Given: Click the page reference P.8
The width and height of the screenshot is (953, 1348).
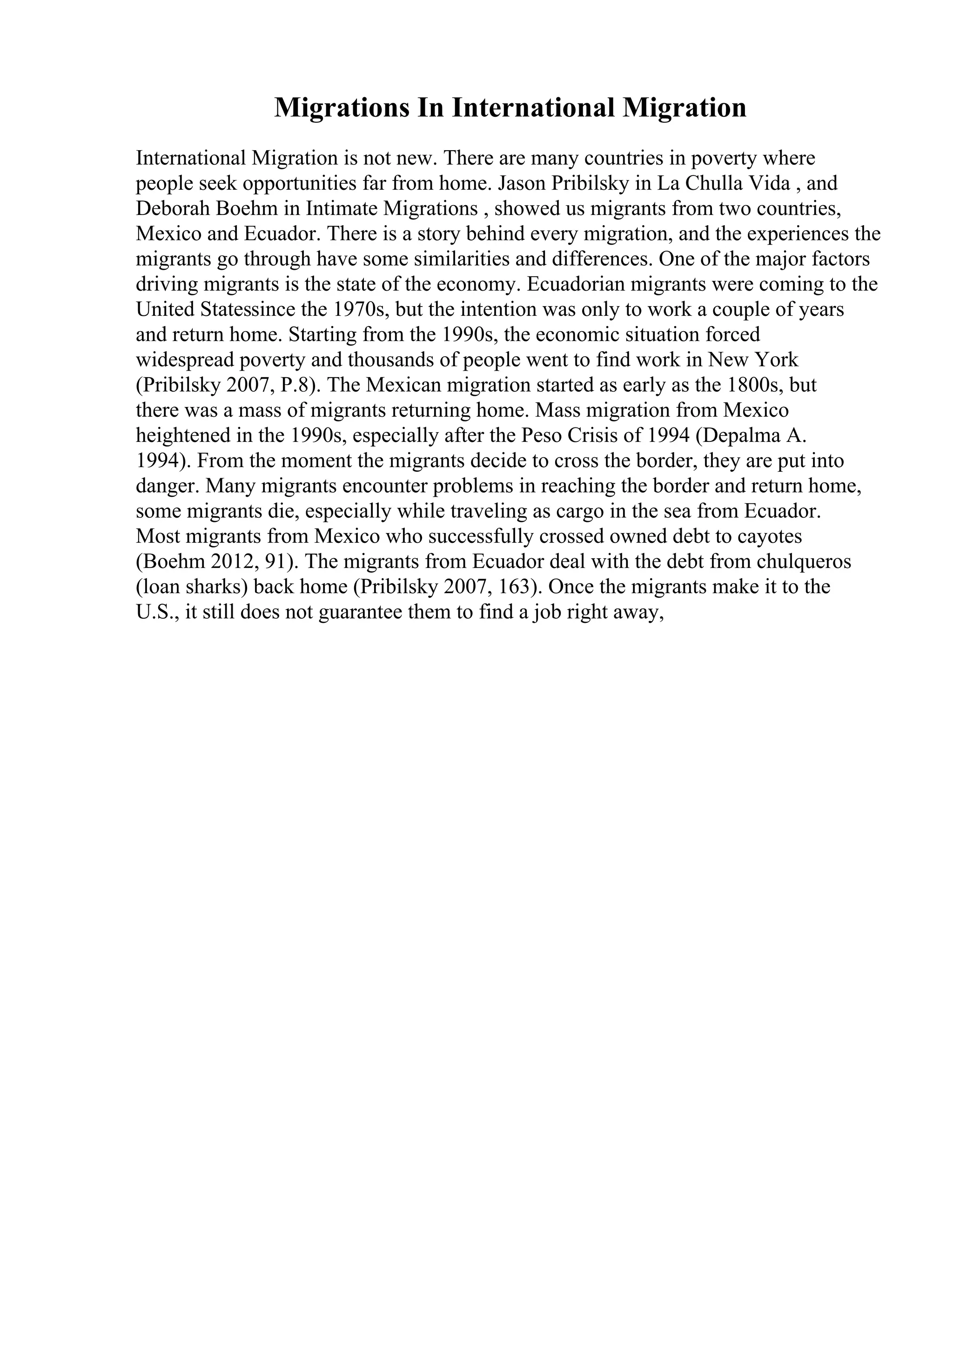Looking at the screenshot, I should pos(297,386).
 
